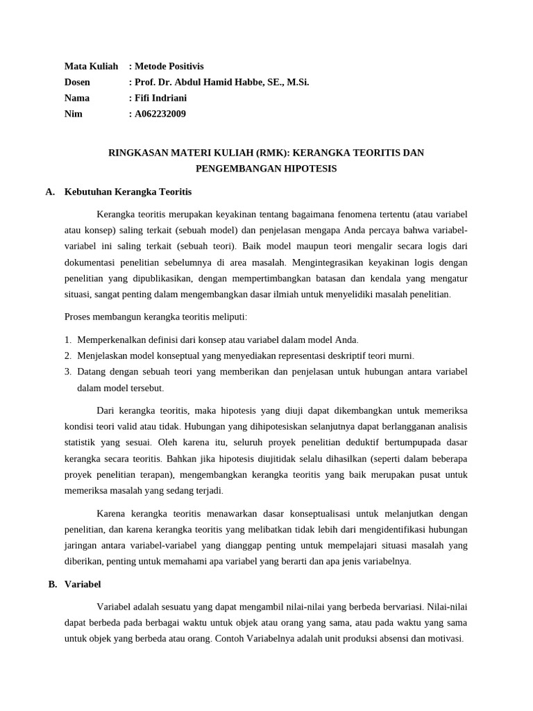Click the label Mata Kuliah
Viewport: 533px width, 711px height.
click(x=91, y=66)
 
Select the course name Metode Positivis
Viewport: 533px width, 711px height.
click(x=169, y=66)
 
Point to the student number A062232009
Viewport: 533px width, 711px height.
click(x=160, y=114)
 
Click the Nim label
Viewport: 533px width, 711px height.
click(x=74, y=114)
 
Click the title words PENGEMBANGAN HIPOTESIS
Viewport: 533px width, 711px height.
click(x=266, y=168)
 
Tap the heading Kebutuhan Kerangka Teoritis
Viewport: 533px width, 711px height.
click(x=128, y=191)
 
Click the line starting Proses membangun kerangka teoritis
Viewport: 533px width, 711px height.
click(x=155, y=317)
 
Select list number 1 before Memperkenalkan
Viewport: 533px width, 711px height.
click(x=67, y=340)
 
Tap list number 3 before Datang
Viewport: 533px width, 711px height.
click(x=67, y=371)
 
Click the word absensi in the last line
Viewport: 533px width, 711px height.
click(x=373, y=638)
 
